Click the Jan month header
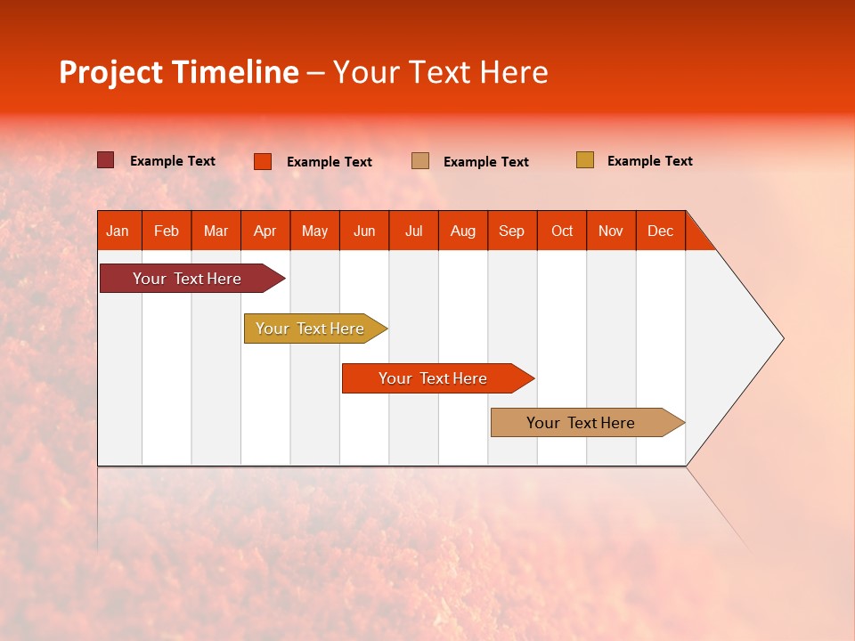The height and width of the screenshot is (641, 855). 118,231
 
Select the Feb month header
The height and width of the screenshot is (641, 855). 167,231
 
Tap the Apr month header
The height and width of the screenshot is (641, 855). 265,231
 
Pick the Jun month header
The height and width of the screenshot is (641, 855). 364,231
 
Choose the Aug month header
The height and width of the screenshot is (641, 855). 463,231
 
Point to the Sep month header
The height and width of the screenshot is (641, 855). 512,231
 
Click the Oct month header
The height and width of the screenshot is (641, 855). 562,231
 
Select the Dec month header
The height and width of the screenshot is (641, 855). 661,231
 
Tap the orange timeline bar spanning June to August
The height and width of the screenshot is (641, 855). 434,378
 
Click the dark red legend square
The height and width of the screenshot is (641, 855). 106,160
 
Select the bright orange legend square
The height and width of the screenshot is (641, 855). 263,161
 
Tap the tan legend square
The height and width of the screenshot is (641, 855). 420,161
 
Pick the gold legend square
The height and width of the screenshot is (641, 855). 585,160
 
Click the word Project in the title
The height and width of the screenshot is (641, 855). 110,72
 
